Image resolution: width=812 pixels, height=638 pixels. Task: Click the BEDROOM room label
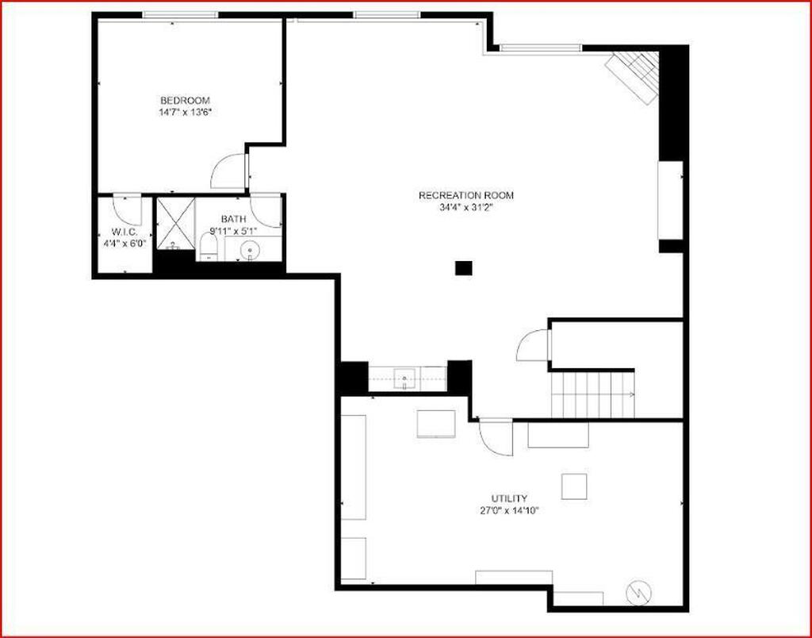(185, 101)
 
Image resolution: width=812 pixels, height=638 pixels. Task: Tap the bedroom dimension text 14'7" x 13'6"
(185, 112)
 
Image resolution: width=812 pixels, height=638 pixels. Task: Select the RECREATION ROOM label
(466, 195)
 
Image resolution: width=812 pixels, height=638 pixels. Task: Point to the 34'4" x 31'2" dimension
(466, 207)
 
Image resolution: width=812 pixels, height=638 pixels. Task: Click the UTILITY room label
(509, 498)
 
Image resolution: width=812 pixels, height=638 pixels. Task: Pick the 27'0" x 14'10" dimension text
(509, 510)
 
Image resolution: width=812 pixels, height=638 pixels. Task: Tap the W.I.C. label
(124, 232)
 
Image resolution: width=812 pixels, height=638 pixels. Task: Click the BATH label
(233, 219)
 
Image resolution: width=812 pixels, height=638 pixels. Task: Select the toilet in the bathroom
(209, 247)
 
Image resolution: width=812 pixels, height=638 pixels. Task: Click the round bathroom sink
(251, 250)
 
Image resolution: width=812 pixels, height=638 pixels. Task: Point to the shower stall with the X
(175, 223)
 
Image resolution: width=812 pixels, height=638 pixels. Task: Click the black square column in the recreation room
(463, 268)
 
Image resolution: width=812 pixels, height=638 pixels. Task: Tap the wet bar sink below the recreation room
(404, 379)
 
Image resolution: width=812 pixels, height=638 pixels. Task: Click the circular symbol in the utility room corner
(639, 592)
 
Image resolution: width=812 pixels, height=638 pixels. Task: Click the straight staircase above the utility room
(592, 394)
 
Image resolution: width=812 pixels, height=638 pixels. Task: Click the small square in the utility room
(574, 486)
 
